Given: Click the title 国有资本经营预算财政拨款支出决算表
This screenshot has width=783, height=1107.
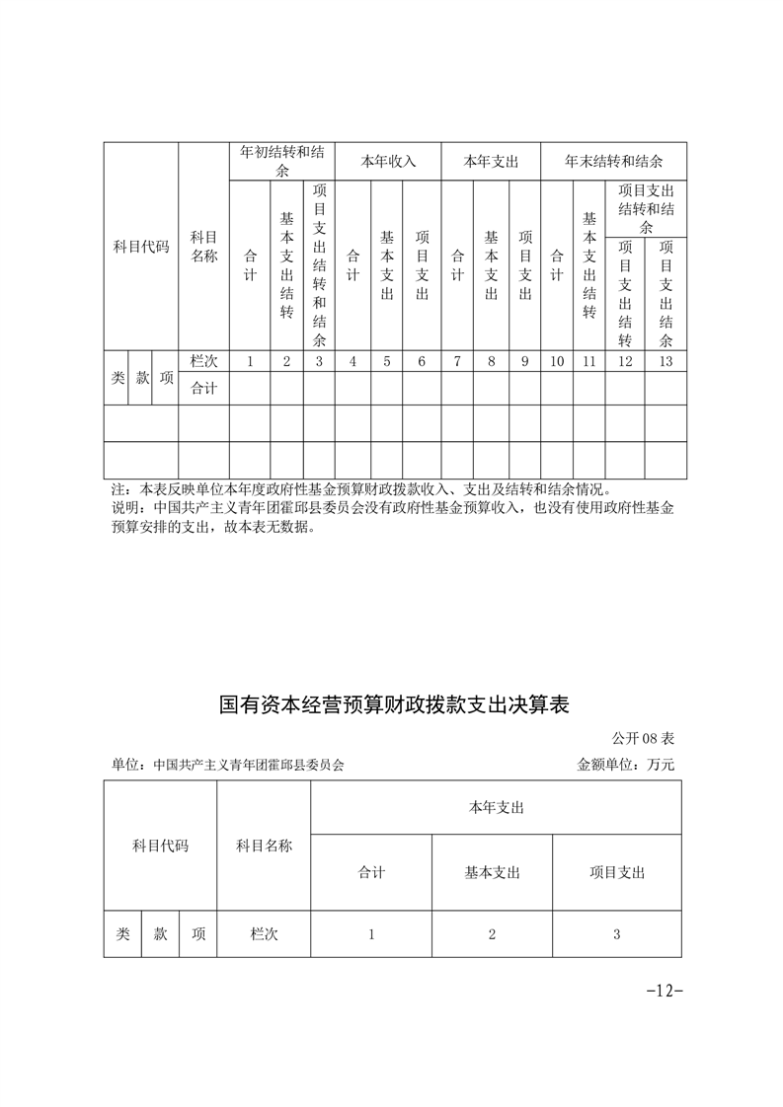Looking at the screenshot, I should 395,706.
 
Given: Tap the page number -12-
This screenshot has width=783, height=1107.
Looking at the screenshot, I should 664,991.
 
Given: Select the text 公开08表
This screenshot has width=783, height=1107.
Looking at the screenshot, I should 642,737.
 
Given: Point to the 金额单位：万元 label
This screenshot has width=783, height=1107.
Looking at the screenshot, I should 625,764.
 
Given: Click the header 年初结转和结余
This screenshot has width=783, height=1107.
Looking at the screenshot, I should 282,161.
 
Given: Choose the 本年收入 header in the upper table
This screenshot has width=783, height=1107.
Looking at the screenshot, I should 388,161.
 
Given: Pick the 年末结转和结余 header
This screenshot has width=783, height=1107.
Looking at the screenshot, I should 613,161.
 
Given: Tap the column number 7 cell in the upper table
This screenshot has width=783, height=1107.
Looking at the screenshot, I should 457,361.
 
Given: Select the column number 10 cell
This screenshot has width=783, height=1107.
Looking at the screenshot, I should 556,361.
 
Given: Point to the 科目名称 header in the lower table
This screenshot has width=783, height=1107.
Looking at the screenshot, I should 264,846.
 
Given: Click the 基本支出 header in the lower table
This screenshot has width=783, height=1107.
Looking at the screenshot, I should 492,872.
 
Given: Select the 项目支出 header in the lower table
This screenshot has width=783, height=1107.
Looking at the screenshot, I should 617,872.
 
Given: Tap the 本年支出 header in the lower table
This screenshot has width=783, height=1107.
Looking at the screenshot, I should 496,807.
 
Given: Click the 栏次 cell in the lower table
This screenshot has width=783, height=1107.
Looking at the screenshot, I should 264,933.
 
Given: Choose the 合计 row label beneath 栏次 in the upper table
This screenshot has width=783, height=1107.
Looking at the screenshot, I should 203,388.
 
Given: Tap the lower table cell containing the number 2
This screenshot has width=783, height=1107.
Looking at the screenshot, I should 492,933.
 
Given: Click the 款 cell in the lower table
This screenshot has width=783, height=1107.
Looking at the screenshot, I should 160,933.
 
